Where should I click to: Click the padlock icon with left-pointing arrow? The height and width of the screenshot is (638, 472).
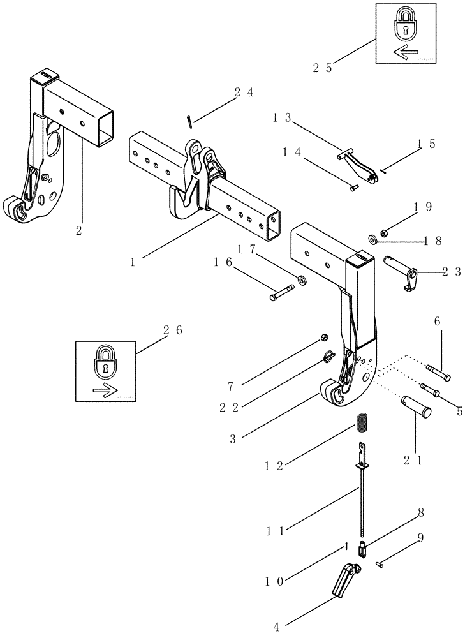406,33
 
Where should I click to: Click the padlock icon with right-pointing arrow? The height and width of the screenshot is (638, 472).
105,371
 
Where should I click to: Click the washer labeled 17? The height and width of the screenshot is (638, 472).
301,279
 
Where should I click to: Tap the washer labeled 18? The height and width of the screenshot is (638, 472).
372,240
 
